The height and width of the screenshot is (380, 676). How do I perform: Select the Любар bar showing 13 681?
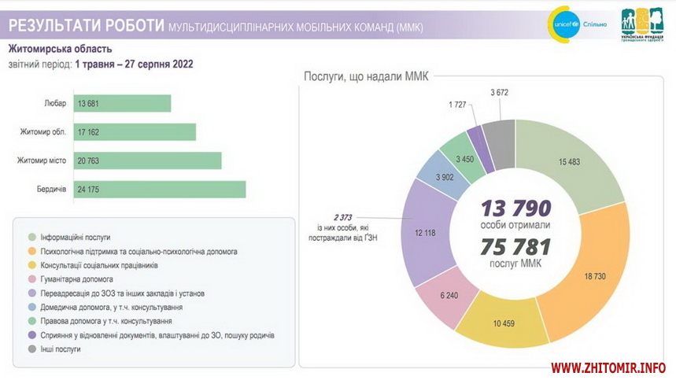pos(122,104)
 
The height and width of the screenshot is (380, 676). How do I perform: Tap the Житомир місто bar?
pos(147,161)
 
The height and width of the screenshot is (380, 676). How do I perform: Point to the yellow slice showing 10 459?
pos(504,321)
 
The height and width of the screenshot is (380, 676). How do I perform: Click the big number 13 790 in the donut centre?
pos(517,208)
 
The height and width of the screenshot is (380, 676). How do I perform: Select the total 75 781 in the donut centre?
pos(516,245)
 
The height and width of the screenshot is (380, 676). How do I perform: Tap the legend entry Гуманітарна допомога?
pos(76,279)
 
